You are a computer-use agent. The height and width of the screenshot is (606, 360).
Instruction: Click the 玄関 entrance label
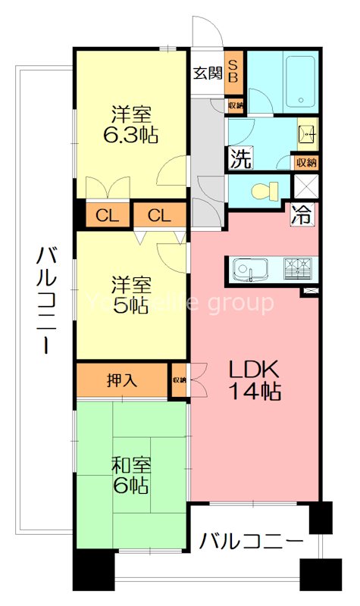click(x=206, y=73)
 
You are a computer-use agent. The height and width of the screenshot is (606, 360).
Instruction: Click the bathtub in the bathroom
click(x=299, y=82)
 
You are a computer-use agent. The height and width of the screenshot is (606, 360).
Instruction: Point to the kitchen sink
click(x=247, y=269)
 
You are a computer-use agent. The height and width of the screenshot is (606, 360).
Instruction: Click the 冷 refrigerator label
click(x=302, y=214)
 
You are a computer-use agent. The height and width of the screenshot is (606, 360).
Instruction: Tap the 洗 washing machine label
click(x=239, y=159)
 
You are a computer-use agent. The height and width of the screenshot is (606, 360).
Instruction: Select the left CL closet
click(x=107, y=215)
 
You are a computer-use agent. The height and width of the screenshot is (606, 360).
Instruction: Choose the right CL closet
click(x=160, y=215)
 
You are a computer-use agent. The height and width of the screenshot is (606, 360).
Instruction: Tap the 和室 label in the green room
click(x=130, y=463)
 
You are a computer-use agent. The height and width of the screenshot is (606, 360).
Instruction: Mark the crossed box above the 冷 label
click(x=306, y=186)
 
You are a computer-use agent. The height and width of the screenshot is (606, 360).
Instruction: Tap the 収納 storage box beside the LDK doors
click(x=179, y=380)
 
